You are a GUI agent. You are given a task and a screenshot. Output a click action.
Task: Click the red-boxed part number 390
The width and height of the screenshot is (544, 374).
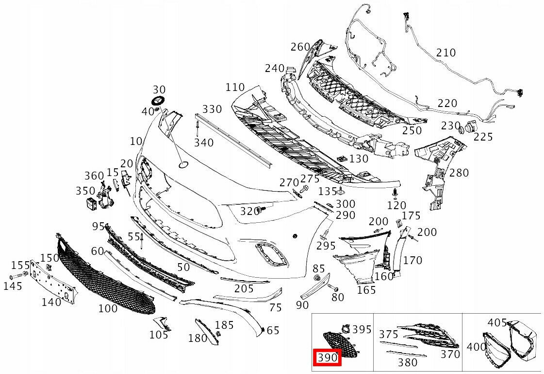(x=328, y=357)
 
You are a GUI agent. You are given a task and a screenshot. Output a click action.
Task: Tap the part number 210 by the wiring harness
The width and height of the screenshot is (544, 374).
(x=446, y=52)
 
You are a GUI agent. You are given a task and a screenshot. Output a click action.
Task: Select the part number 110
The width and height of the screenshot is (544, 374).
(x=235, y=88)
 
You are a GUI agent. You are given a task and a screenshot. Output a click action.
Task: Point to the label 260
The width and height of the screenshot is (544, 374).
(x=300, y=47)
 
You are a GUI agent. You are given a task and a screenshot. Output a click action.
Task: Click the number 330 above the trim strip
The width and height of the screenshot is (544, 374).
(x=212, y=108)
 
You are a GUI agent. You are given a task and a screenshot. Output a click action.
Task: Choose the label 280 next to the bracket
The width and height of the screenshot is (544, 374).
(x=459, y=173)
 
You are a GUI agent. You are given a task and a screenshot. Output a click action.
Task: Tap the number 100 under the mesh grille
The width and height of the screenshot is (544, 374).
(x=108, y=308)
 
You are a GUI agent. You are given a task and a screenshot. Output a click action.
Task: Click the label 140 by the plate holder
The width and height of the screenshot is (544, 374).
(x=51, y=302)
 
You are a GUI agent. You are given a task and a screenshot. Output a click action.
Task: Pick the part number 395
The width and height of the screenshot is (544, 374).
(x=362, y=330)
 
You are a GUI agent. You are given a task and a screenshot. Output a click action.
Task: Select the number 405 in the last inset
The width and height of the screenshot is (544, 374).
(x=497, y=322)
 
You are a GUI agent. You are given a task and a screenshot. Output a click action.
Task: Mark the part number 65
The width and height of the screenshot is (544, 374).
(x=273, y=331)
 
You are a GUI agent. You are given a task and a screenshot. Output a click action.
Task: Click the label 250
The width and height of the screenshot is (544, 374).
(x=412, y=131)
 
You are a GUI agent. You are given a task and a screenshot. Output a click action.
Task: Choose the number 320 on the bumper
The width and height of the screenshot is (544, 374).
(x=250, y=211)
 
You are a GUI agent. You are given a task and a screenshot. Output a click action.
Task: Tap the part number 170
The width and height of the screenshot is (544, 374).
(x=412, y=261)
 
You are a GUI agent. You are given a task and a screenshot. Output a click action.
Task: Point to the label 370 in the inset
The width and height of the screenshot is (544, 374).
(x=450, y=354)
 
